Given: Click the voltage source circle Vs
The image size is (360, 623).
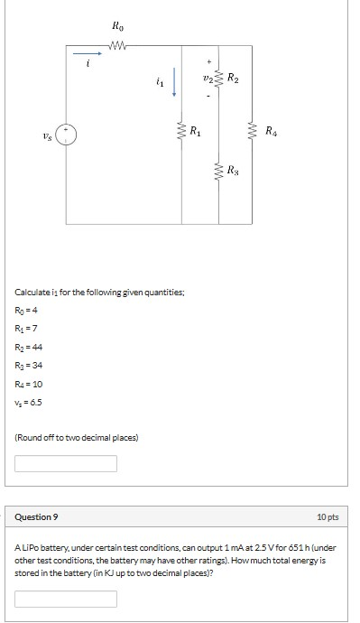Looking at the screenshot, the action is [x=69, y=135].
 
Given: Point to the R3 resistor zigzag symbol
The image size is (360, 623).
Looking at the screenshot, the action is [x=219, y=168].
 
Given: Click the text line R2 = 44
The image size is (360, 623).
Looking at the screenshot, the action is [x=30, y=347].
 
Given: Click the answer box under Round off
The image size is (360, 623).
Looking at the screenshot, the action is [x=66, y=463].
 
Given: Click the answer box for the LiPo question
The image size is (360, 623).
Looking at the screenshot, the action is [x=66, y=599].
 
